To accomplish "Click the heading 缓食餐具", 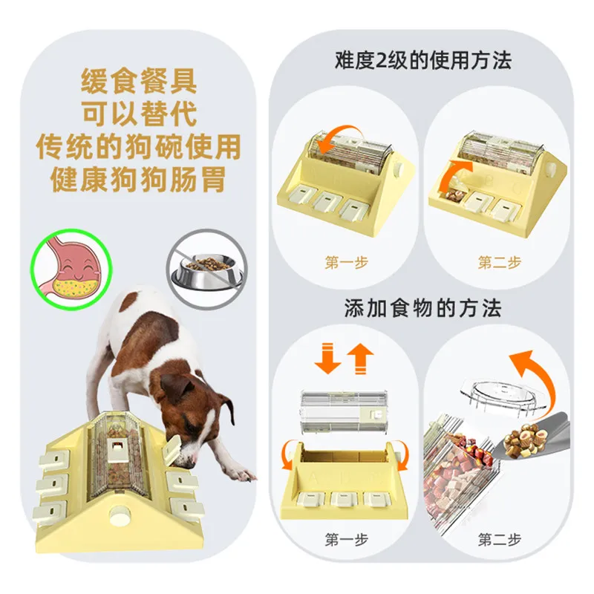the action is (139, 81).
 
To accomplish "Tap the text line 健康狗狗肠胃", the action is (138, 179).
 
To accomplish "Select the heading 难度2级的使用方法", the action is (423, 60).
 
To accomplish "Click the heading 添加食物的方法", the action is (423, 307).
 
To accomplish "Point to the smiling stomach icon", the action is (71, 269).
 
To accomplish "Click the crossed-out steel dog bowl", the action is (207, 268).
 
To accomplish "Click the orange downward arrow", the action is (327, 358).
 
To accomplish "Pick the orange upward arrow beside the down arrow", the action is (360, 359).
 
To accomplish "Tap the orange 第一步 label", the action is (346, 262).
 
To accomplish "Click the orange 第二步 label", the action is (499, 262).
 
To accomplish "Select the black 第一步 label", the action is (346, 539).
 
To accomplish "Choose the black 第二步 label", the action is (499, 539).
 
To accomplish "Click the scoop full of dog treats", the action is (530, 440).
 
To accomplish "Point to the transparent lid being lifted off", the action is (504, 399).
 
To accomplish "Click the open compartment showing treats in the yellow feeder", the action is (452, 195).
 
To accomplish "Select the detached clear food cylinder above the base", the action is (344, 411).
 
